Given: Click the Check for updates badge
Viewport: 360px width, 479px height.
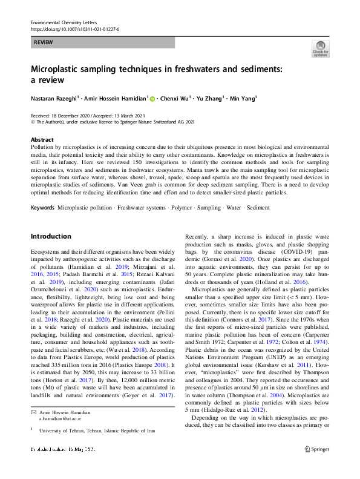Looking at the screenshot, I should (320, 48).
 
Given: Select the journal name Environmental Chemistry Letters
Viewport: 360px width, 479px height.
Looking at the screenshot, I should (64, 21).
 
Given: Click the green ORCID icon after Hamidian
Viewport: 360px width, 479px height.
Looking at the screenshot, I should (152, 98).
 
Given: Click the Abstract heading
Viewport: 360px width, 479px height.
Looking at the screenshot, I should (42, 139).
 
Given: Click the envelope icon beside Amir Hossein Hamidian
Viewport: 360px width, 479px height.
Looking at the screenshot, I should (33, 412).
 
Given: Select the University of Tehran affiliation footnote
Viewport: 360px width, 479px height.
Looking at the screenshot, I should (97, 430).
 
